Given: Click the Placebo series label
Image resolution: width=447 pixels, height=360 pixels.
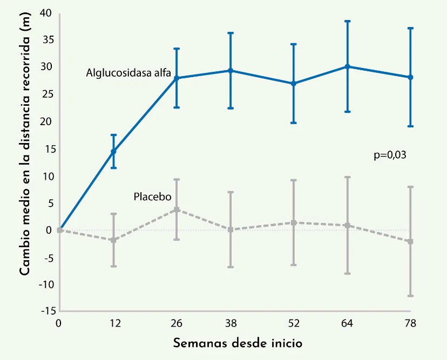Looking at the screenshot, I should point(152,196).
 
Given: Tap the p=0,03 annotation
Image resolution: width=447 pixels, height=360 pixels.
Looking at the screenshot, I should point(390,155).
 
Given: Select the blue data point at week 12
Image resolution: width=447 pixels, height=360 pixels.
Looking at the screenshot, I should point(113,152).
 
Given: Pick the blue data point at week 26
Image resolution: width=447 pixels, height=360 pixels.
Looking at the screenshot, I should point(177,78).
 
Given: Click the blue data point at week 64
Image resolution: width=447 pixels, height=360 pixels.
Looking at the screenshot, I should point(347,66).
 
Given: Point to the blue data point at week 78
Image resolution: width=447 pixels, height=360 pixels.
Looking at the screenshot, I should point(410,77).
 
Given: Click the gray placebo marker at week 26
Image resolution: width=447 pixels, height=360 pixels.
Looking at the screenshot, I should point(177,209).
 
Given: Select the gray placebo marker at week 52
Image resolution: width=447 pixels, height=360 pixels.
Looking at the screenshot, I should point(294,222).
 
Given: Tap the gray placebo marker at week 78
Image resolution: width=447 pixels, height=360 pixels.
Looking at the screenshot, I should point(410,241).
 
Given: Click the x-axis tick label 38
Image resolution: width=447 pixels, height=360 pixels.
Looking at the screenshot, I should point(231,323).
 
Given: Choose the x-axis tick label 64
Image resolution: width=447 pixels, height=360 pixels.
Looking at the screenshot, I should point(347,323).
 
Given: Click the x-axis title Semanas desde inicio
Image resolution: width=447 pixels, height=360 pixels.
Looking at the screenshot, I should point(238,343).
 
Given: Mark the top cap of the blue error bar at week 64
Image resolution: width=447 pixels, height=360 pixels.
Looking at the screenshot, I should point(347,21).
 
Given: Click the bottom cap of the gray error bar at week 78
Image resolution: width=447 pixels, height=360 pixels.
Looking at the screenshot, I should point(410,296).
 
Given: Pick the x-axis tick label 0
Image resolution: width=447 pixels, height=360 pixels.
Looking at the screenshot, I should point(59,323).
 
